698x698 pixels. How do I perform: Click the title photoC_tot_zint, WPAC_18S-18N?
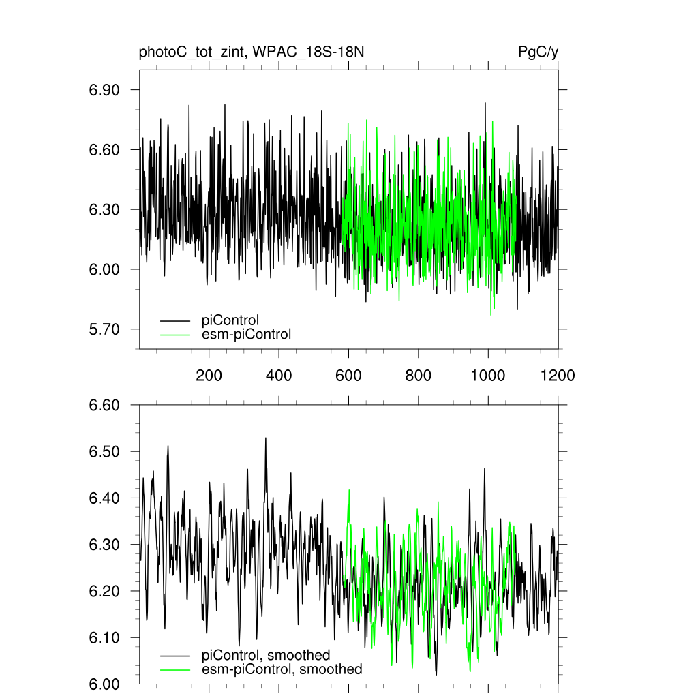pos(255,52)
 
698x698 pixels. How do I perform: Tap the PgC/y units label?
pos(538,52)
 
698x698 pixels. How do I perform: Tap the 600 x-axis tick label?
pos(348,375)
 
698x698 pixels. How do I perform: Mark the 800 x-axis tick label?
pos(418,375)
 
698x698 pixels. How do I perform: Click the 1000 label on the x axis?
pos(487,375)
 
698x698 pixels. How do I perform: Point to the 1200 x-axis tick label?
pos(558,375)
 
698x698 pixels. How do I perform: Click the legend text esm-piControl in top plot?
pos(246,334)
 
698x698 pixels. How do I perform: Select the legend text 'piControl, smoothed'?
pos(266,656)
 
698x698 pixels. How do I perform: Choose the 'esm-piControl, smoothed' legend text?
pos(282,669)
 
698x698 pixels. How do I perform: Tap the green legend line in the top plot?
pos(175,335)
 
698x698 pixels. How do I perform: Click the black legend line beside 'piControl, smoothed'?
pos(175,656)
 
